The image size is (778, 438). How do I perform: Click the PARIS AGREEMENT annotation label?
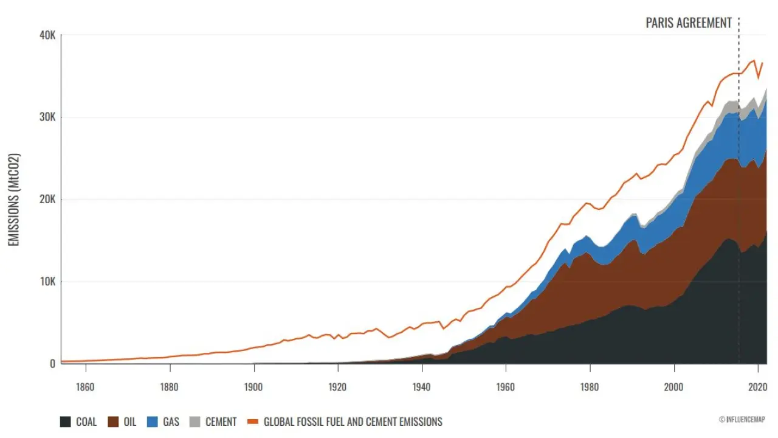click(688, 23)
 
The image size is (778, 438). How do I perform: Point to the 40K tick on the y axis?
click(47, 35)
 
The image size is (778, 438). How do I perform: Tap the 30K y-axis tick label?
click(47, 117)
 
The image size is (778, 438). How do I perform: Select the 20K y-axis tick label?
click(47, 200)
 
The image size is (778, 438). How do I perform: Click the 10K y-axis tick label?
click(47, 282)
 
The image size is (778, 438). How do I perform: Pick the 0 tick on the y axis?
click(52, 364)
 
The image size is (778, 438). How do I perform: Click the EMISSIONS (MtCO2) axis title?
click(14, 199)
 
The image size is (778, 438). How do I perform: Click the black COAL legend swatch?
click(66, 422)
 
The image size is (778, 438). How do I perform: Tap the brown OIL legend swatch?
click(114, 422)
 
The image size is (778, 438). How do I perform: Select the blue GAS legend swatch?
click(153, 422)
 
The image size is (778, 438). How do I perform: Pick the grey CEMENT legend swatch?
click(195, 422)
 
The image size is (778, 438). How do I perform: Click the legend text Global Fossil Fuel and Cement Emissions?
click(353, 422)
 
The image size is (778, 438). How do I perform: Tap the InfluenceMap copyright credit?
click(742, 419)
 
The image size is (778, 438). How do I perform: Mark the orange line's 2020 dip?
click(758, 78)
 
